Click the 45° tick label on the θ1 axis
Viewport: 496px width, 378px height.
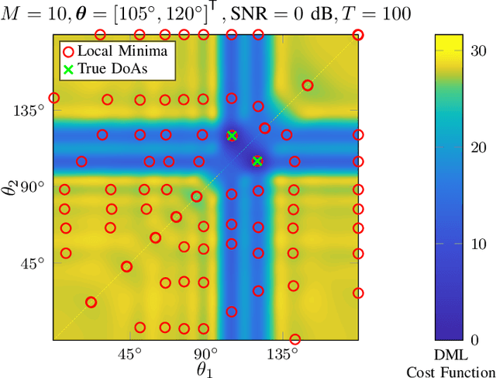tap(129, 354)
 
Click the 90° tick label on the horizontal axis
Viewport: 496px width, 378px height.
tap(205, 354)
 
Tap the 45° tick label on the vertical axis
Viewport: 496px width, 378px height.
tap(32, 263)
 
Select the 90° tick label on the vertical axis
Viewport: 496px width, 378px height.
tap(32, 187)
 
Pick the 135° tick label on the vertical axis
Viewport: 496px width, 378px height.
tap(29, 111)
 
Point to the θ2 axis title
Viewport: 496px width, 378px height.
tap(10, 187)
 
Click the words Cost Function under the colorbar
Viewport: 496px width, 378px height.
tap(450, 372)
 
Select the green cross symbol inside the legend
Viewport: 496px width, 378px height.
tap(68, 68)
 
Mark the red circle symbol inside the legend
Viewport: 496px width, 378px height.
tap(68, 50)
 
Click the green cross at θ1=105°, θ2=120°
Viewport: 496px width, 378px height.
tap(231, 136)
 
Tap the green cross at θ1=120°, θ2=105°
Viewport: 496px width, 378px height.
tap(257, 161)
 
